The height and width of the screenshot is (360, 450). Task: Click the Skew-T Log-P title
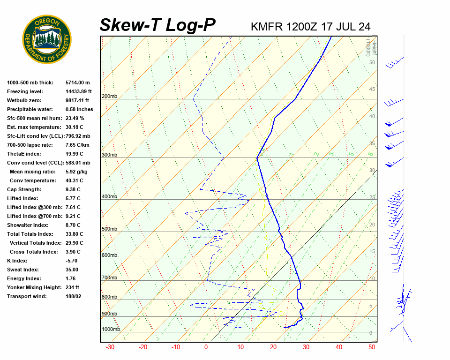158,25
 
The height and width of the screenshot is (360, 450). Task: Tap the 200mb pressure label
109,97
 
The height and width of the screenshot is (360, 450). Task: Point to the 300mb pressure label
109,155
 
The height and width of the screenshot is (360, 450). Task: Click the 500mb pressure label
109,229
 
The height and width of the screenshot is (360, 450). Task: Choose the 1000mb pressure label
111,329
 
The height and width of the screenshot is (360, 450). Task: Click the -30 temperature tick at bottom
110,347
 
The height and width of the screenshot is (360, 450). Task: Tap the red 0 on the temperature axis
206,347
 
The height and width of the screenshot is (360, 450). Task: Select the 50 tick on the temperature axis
372,347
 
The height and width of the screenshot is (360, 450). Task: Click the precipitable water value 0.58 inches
79,109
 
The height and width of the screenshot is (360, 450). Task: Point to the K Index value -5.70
72,261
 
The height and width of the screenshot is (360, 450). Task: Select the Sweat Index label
23,270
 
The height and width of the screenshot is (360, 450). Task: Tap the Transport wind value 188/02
74,296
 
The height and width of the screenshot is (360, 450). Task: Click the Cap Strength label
24,189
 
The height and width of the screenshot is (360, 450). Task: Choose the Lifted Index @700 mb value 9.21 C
73,216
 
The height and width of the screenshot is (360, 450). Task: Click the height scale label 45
372,90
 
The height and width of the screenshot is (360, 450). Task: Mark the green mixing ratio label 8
370,154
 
